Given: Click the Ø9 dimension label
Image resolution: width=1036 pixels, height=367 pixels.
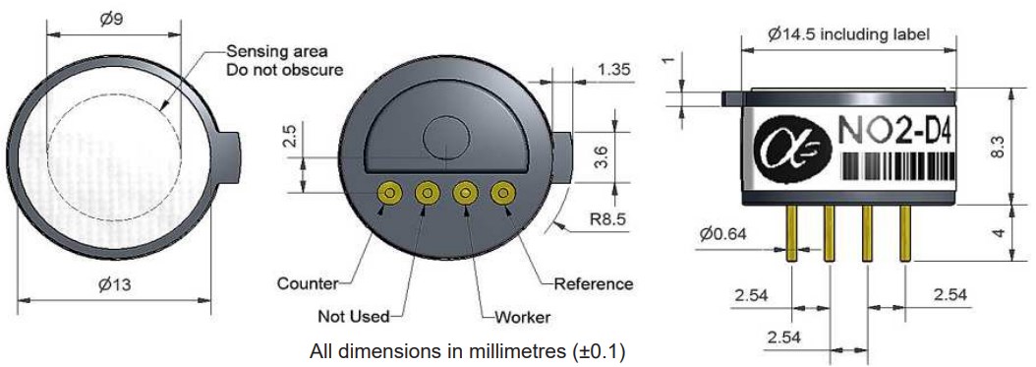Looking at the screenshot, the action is [x=112, y=19].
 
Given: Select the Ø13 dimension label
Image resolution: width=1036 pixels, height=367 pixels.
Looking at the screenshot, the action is [x=114, y=285].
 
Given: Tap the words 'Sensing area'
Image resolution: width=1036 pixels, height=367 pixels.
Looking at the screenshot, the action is [x=277, y=51].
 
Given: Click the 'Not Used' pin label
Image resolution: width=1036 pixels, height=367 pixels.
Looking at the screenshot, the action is [x=354, y=316].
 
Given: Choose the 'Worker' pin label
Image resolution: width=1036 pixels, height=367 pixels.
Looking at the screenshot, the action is [x=523, y=317].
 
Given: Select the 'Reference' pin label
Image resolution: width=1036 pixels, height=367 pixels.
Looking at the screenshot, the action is [x=594, y=283].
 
